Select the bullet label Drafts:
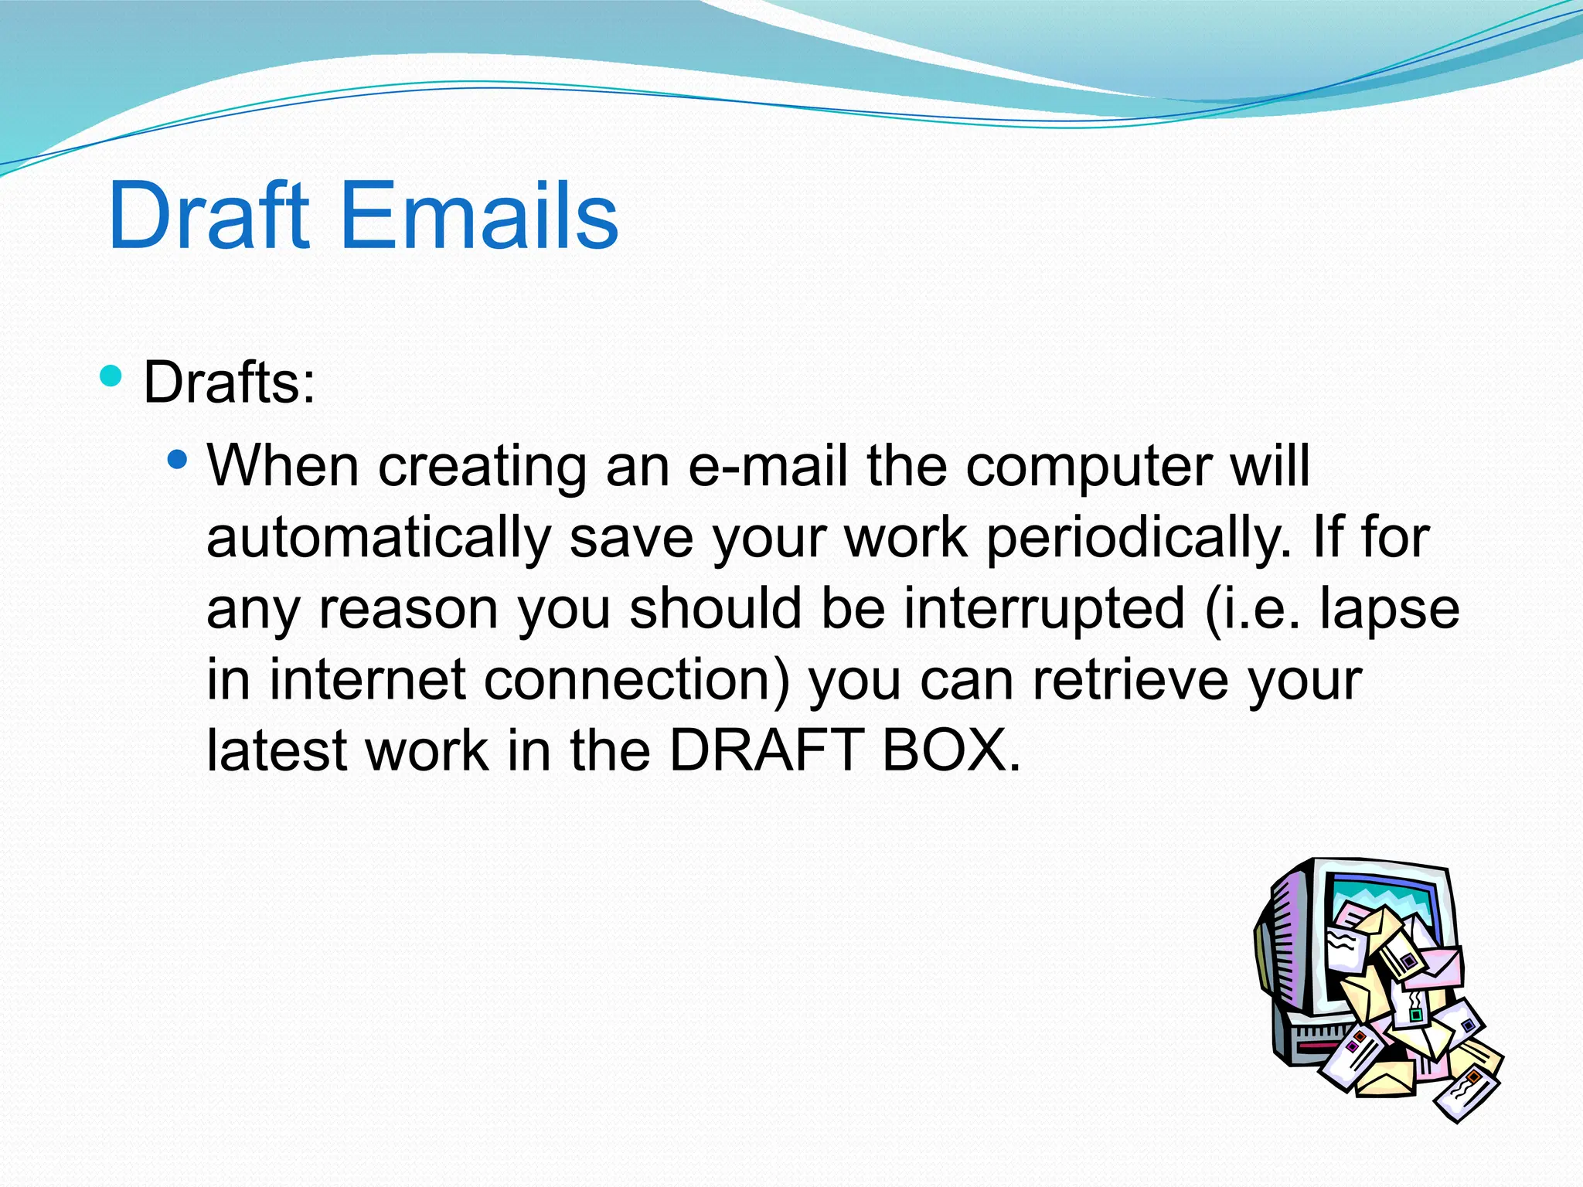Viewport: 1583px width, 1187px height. [x=230, y=383]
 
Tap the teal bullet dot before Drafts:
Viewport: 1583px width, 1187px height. [x=111, y=376]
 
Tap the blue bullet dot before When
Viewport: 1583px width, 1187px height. [x=177, y=461]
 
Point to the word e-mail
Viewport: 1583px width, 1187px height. [x=768, y=466]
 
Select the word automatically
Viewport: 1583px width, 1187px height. [x=378, y=539]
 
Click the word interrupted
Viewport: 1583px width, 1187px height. [x=1044, y=609]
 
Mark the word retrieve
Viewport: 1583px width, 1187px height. [x=1130, y=680]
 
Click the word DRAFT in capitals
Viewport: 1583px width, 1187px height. [x=766, y=750]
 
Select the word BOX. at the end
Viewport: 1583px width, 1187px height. [x=952, y=750]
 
